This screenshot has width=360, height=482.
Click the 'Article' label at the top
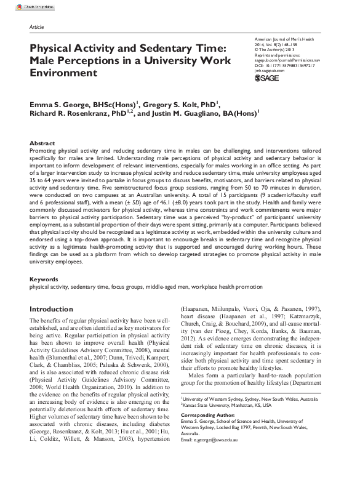click(x=36, y=28)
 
